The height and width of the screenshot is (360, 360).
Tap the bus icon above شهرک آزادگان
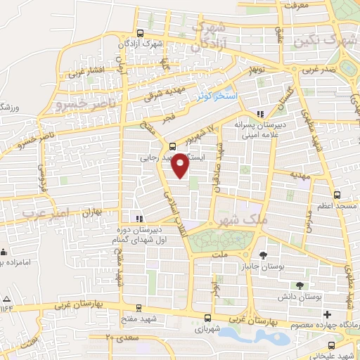pyautogui.click(x=140, y=33)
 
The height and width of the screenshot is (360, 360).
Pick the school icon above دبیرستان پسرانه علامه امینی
pyautogui.click(x=261, y=114)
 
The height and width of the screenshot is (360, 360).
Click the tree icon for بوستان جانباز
pyautogui.click(x=263, y=255)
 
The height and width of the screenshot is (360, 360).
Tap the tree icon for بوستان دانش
pyautogui.click(x=300, y=285)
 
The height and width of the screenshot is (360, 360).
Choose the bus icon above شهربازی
pyautogui.click(x=207, y=317)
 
